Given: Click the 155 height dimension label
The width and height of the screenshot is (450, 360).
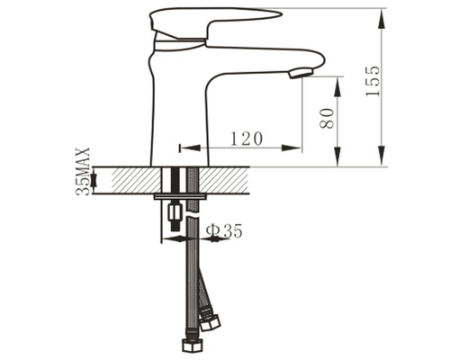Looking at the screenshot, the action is coord(373,81).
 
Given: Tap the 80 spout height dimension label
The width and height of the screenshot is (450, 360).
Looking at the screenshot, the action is coord(327,119).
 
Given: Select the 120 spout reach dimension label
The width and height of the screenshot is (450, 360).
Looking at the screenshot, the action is coord(247,139).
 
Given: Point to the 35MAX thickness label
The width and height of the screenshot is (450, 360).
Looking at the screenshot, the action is coord(83,171).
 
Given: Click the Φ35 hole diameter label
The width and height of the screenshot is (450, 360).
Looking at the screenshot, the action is coord(224,231).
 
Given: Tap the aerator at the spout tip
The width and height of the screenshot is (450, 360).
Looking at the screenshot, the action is coord(301,73).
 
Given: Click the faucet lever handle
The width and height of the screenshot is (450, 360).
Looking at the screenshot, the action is coord(215,24).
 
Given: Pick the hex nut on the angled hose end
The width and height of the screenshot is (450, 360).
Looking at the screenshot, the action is coord(211,323).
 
